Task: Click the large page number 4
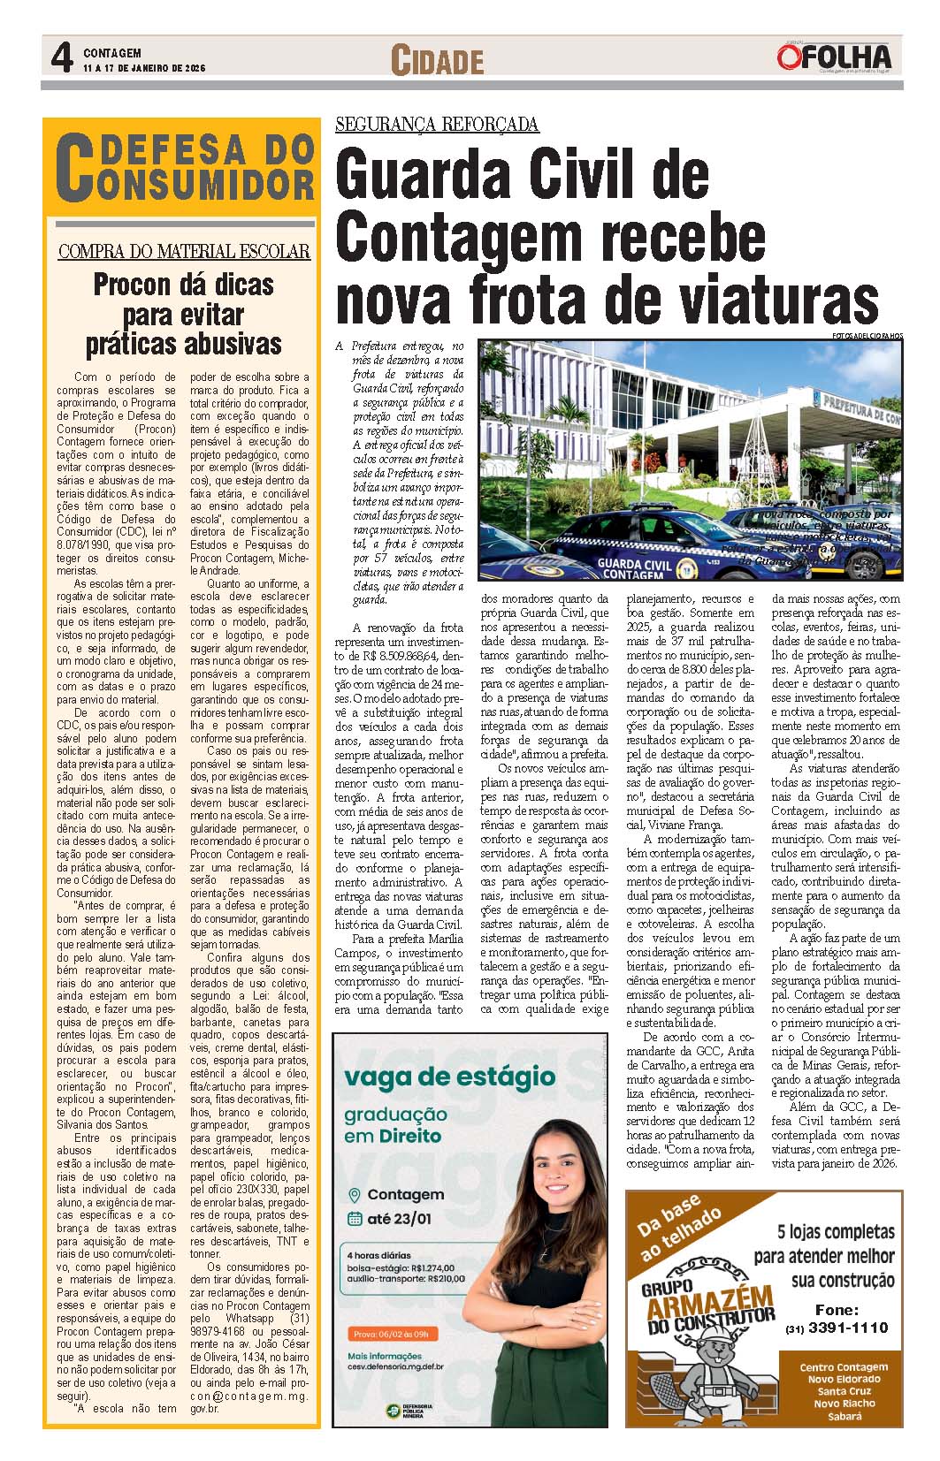coord(61,58)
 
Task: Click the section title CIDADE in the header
coord(438,61)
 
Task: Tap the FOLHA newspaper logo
coord(835,56)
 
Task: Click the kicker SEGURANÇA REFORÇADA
coord(437,124)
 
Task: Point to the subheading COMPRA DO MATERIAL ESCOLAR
coord(184,252)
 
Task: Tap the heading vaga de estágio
coord(449,1077)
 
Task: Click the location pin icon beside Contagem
coord(354,1195)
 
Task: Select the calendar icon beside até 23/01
coord(354,1219)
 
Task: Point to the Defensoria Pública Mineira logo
coord(411,1412)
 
